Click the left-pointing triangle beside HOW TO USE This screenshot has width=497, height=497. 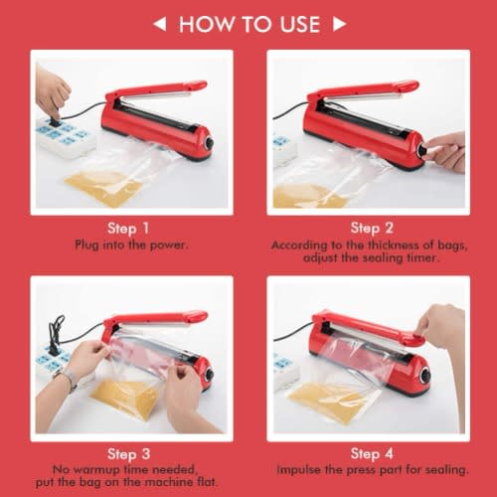[x=160, y=24]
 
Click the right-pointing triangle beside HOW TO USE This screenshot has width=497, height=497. [x=340, y=24]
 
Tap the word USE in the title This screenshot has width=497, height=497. [x=300, y=24]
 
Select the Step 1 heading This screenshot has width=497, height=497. [x=128, y=229]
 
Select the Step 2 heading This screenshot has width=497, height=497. [x=372, y=228]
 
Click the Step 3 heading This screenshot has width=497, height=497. [x=129, y=454]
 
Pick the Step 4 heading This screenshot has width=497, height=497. [x=372, y=453]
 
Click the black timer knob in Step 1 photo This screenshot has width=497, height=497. [x=209, y=144]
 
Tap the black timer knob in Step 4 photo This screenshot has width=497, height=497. [x=425, y=376]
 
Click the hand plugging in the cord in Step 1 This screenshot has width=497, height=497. [x=52, y=92]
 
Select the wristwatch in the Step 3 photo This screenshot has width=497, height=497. [x=68, y=378]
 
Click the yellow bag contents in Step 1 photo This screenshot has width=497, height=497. [x=102, y=188]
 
